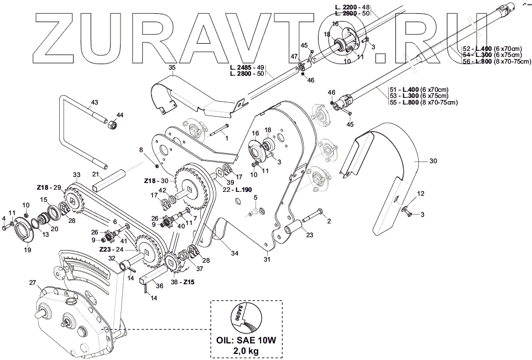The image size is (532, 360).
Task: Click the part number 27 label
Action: (x=33, y=283)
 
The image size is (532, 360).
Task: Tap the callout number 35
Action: (x=172, y=67)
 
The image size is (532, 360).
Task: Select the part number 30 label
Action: (x=433, y=161)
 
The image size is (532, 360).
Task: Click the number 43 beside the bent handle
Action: (x=94, y=102)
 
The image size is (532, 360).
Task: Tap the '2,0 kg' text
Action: (x=247, y=351)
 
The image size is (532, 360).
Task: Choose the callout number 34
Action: (x=234, y=253)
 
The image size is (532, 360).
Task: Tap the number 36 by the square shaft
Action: (x=159, y=286)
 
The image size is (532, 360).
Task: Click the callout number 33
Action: (x=76, y=175)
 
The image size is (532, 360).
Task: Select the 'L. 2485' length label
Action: (x=241, y=67)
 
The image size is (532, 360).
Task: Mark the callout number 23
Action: (x=309, y=235)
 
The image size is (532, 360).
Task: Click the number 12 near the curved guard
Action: (x=421, y=194)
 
